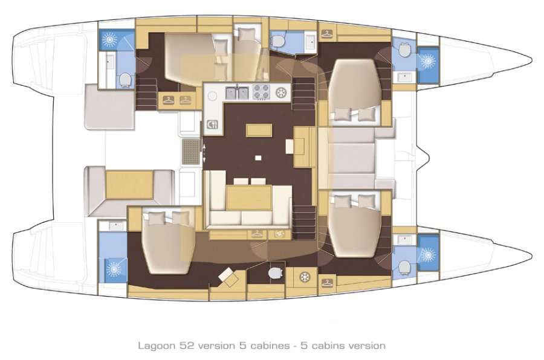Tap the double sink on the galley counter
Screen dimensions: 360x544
click(x=236, y=93)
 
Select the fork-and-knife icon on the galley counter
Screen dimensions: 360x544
click(x=213, y=125)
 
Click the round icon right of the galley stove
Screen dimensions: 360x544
click(x=281, y=93)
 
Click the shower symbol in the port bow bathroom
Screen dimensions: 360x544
click(x=428, y=62)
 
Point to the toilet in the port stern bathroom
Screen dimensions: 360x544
click(x=125, y=79)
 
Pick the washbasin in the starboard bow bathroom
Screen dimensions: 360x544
click(x=403, y=240)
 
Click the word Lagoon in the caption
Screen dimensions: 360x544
click(x=154, y=346)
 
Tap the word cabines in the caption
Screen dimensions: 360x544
click(x=261, y=346)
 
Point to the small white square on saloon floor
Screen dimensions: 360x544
click(x=258, y=158)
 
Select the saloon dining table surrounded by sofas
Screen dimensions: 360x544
click(x=249, y=198)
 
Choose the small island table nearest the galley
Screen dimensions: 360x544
click(x=257, y=130)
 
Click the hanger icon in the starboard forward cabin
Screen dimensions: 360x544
click(x=327, y=282)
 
